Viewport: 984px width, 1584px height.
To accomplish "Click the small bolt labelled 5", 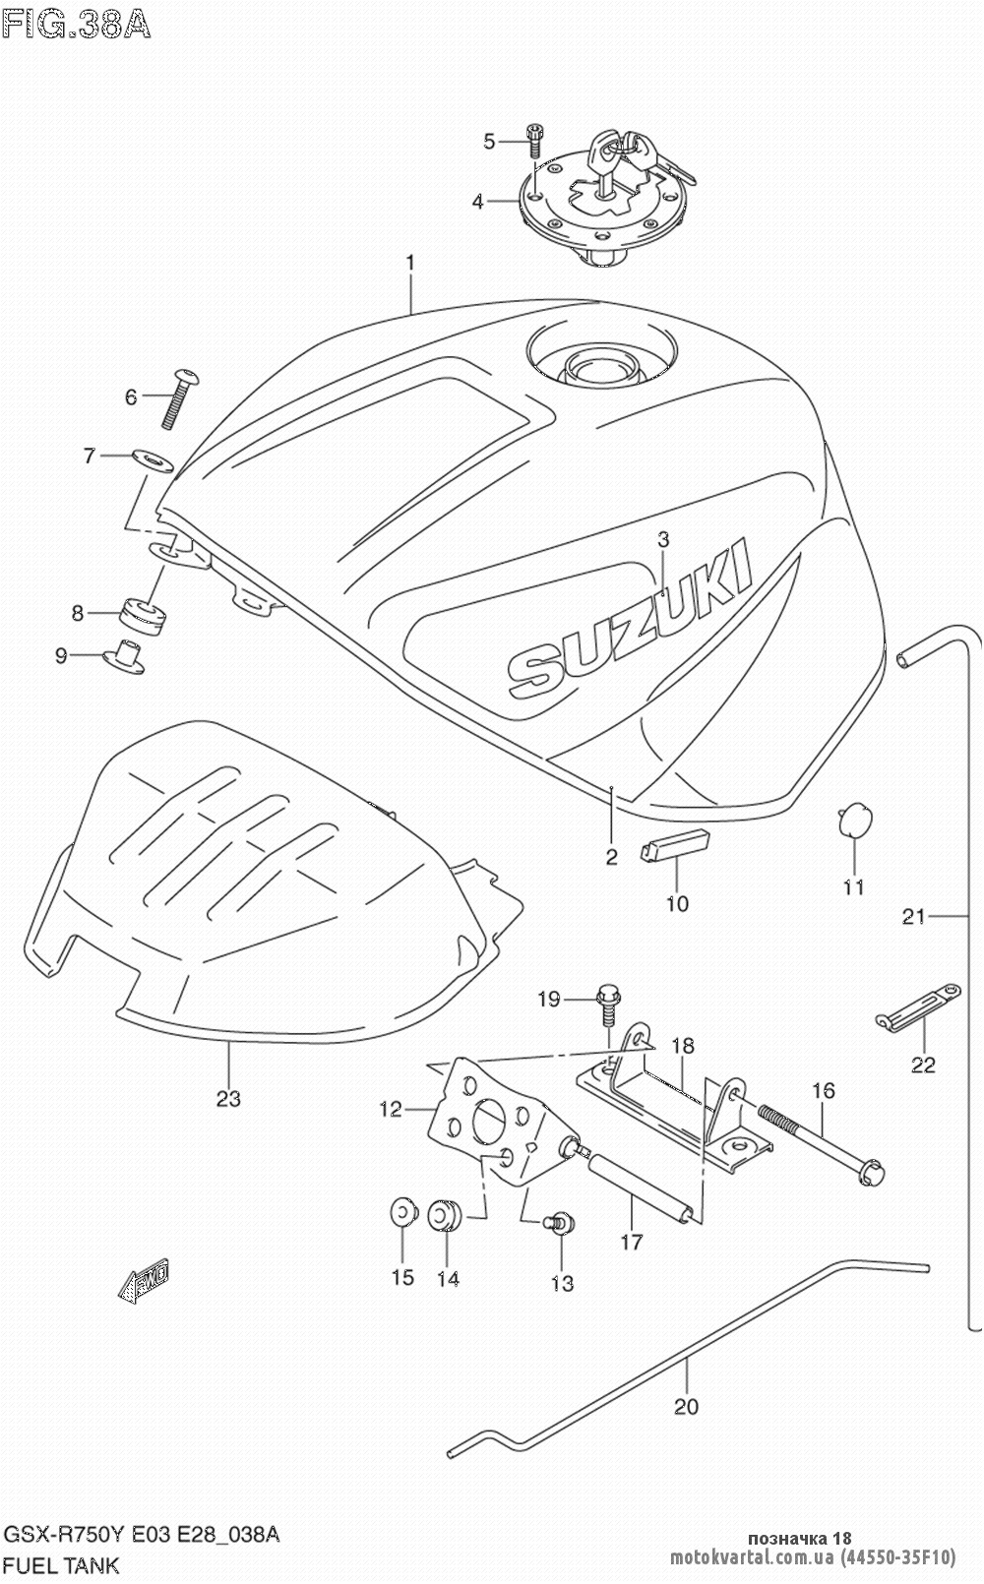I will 534,141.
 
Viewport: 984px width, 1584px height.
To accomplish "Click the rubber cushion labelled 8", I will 144,616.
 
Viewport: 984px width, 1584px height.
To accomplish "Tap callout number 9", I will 61,654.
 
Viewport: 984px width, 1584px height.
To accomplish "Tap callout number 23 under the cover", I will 228,1098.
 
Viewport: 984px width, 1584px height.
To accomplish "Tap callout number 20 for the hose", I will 686,1406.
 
